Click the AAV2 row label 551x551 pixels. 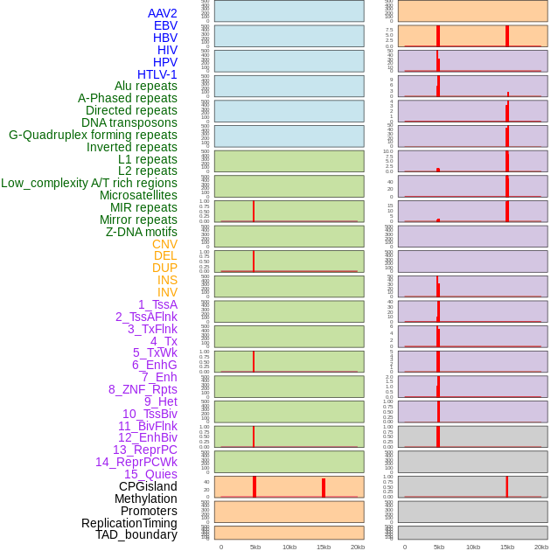163,13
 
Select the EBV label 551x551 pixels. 165,25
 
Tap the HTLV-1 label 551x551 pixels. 157,74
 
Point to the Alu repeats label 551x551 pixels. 146,86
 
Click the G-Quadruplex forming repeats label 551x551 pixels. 93,135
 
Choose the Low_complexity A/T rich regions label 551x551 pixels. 89,183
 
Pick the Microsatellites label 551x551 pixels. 138,195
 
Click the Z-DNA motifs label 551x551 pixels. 142,232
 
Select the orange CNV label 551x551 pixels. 164,244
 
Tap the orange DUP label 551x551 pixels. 164,268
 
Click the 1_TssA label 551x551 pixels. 157,304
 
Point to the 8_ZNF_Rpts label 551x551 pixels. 143,389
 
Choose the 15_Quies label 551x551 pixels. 150,474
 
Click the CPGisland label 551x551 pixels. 148,486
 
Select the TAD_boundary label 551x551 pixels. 136,534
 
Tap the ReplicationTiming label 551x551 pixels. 129,523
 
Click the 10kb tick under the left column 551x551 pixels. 289,547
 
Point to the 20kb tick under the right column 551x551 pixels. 541,547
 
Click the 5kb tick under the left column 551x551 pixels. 255,547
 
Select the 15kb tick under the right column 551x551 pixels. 507,547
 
